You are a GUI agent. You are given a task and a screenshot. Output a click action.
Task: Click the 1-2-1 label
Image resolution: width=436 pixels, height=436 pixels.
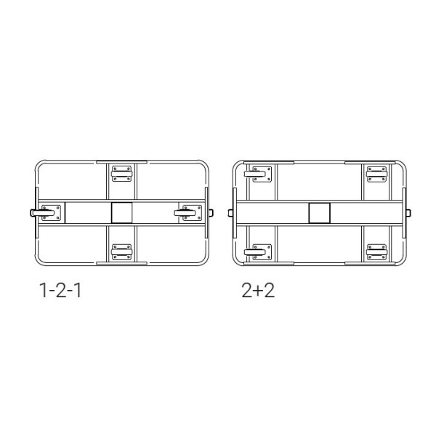coord(60,291)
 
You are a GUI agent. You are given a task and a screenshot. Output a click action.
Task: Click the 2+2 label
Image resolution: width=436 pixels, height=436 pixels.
coord(258,291)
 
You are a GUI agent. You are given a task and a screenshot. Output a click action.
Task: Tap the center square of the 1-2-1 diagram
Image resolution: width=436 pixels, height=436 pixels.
coord(122,213)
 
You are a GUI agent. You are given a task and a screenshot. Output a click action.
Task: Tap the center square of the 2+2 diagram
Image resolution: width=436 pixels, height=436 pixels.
coord(320,213)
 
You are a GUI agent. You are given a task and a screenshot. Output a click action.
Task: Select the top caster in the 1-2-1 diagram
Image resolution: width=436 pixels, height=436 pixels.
coord(121,174)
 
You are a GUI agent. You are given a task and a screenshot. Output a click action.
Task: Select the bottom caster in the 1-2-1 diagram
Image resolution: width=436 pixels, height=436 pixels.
coord(121,252)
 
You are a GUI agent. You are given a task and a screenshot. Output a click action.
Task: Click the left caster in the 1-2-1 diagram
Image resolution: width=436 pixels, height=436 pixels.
coord(46,213)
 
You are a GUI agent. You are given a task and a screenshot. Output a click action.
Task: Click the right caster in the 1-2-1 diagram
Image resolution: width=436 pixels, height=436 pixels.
coord(188,213)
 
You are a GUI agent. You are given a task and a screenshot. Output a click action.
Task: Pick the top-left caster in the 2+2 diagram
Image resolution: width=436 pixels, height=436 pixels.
coord(258,174)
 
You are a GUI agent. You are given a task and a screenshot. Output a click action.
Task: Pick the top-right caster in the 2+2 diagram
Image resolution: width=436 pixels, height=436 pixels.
coord(376,174)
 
